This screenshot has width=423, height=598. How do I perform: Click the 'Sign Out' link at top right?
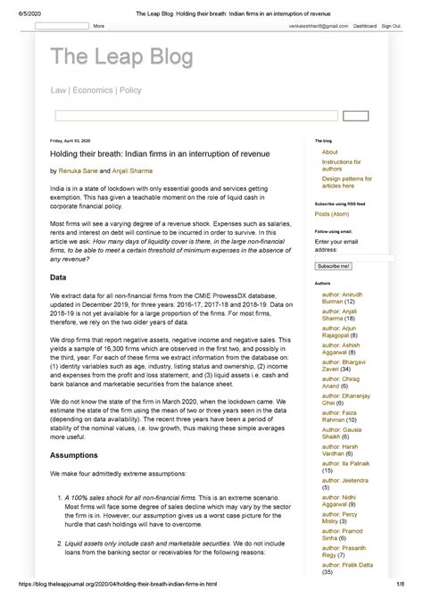[390, 26]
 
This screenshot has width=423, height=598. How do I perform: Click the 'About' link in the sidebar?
[330, 153]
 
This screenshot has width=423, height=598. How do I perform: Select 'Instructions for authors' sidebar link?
[343, 165]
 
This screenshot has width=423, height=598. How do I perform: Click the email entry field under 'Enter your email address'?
[354, 258]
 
